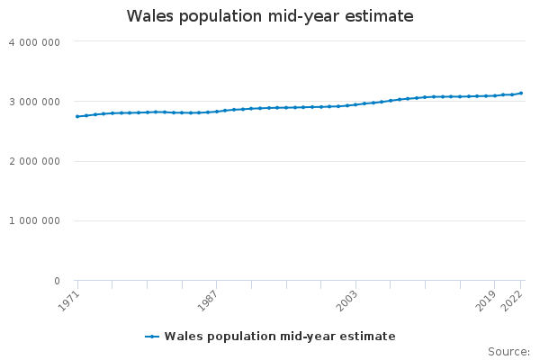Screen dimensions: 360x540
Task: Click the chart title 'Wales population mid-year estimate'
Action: [270, 16]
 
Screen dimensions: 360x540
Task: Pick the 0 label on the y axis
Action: [56, 281]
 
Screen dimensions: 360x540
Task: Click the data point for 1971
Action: [77, 116]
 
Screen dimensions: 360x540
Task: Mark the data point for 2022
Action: [521, 93]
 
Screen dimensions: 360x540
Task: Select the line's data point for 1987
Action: [217, 112]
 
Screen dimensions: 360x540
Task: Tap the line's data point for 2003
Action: [355, 104]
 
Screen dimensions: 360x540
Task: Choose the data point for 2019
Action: [495, 95]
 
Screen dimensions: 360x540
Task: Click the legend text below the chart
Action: [280, 337]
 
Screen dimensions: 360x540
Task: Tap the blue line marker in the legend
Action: [152, 337]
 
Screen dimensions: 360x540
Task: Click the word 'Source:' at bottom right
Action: [508, 352]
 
